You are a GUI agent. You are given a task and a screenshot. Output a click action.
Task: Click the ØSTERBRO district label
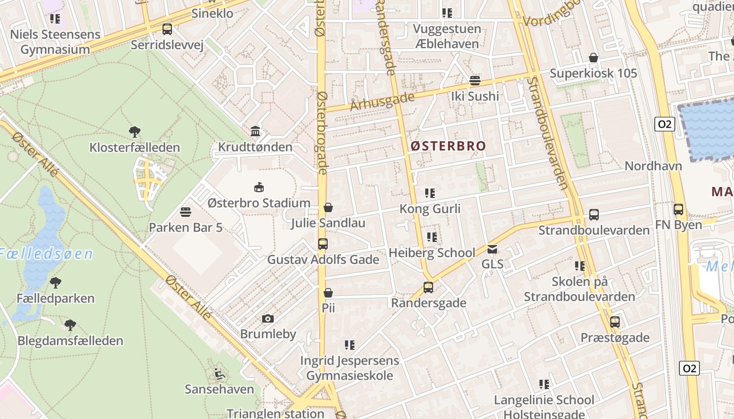tap(448, 146)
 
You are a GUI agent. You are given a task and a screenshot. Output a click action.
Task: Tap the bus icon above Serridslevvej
tap(167, 29)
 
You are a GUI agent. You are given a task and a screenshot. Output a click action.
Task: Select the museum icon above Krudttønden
tap(255, 131)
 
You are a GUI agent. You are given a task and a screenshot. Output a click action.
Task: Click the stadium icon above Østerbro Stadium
tap(258, 187)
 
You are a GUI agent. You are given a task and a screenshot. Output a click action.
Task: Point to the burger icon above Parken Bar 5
tap(185, 212)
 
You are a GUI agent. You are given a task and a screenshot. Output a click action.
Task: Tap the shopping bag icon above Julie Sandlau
tap(328, 207)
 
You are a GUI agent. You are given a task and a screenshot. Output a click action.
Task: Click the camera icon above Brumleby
tap(268, 318)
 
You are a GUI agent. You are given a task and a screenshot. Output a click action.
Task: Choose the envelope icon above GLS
tap(492, 249)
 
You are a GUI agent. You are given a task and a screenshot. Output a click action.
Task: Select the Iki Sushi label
tap(475, 96)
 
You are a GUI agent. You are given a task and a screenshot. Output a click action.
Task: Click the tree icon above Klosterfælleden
tap(135, 131)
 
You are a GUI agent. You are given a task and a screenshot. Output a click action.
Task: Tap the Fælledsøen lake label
tap(46, 255)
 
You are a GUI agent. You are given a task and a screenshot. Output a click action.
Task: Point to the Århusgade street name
tap(383, 101)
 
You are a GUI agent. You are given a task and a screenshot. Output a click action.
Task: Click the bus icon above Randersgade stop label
tap(428, 287)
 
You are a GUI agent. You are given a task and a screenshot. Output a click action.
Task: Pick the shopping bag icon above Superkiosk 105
tap(593, 58)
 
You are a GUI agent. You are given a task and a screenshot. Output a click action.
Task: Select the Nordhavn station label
tap(653, 166)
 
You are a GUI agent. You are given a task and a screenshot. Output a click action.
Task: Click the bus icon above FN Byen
tap(678, 210)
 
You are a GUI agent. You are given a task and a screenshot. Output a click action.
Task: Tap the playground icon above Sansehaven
tap(220, 374)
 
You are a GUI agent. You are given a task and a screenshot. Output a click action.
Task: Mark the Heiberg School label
tap(432, 253)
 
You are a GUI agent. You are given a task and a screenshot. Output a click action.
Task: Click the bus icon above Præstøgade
tap(615, 322)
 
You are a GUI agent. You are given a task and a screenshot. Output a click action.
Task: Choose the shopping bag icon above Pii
tap(328, 293)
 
